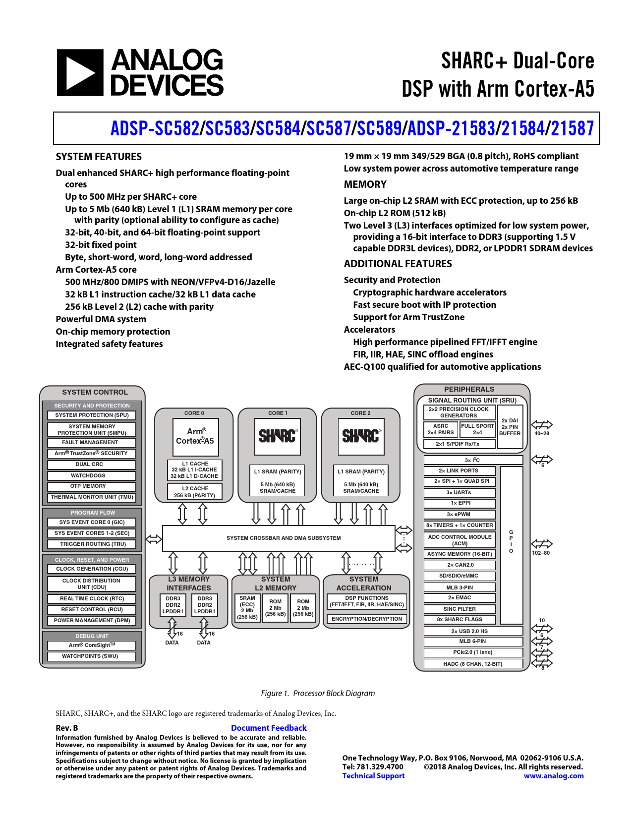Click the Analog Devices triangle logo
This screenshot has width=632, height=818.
click(x=80, y=72)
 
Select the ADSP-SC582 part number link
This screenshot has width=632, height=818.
click(x=155, y=128)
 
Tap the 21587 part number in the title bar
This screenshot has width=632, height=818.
click(x=572, y=128)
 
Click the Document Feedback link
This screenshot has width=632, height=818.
click(x=269, y=728)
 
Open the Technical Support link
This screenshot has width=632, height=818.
click(x=373, y=776)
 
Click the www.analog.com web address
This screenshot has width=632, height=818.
click(x=554, y=776)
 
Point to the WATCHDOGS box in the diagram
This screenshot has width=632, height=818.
click(x=92, y=475)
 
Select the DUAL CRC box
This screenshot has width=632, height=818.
click(x=92, y=465)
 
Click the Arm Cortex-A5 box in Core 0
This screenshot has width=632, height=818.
click(x=195, y=436)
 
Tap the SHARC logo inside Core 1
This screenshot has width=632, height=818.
click(x=278, y=436)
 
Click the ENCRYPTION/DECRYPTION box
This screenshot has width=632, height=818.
click(x=367, y=619)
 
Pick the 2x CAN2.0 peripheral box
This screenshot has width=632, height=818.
click(x=460, y=565)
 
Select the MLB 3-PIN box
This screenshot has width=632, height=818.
click(x=460, y=587)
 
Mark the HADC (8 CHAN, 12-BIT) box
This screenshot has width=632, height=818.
click(x=473, y=664)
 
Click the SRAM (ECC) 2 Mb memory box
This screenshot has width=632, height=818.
click(x=247, y=607)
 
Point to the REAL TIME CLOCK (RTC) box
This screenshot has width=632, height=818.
click(x=92, y=598)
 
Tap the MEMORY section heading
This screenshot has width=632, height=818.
click(x=365, y=184)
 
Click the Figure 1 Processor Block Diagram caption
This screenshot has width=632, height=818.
click(x=318, y=693)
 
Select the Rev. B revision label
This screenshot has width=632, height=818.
click(x=67, y=728)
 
